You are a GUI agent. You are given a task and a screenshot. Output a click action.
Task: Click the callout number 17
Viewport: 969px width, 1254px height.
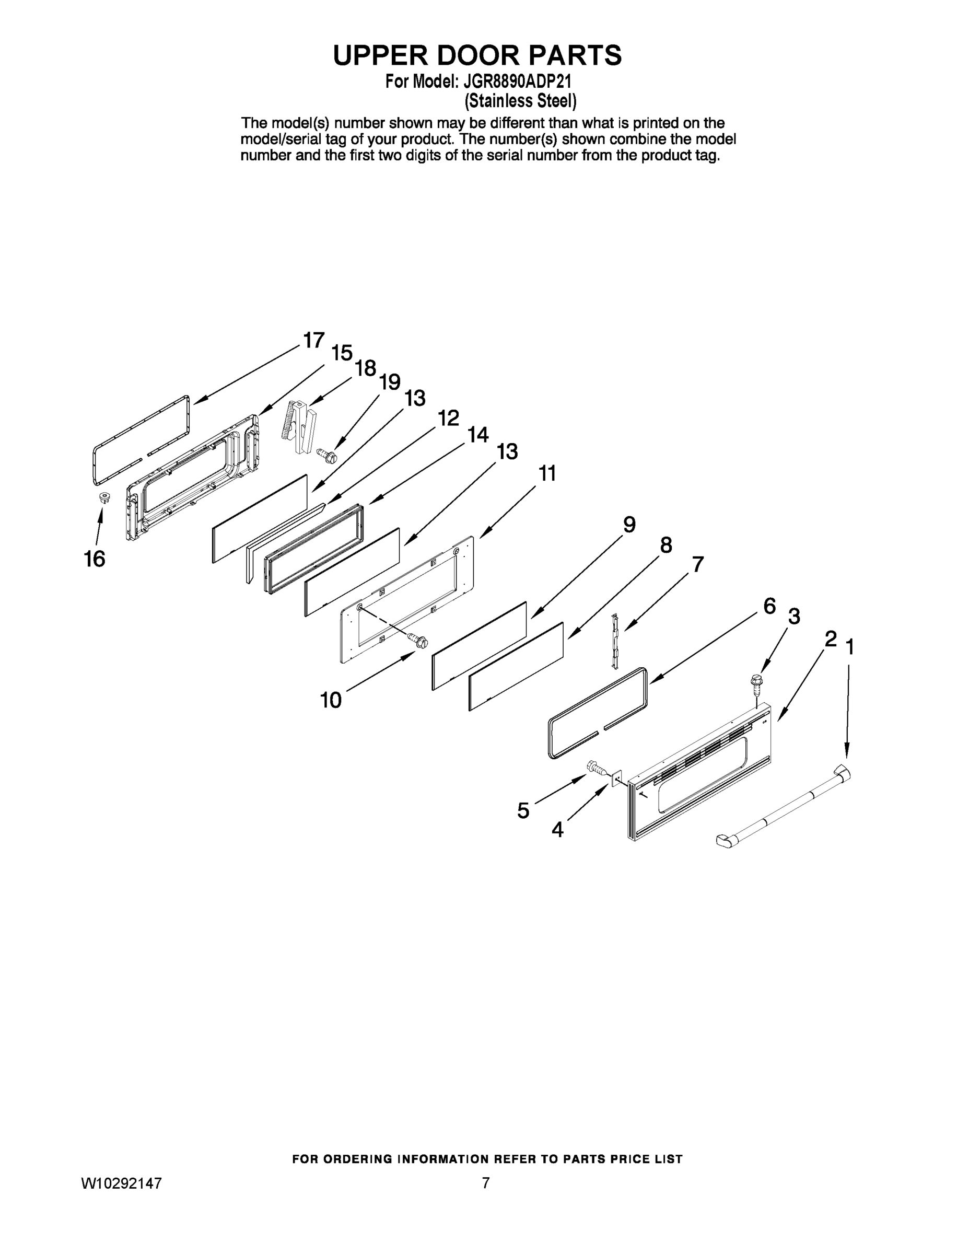pyautogui.click(x=313, y=341)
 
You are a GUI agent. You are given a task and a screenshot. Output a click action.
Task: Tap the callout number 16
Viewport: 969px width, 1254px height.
pyautogui.click(x=95, y=559)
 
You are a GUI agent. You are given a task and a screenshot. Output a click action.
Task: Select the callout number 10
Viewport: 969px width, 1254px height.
pyautogui.click(x=331, y=700)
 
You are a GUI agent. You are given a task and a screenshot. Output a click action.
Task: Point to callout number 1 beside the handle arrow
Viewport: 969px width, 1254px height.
pyautogui.click(x=849, y=648)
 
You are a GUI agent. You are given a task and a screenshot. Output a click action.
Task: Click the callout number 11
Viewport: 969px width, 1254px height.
pyautogui.click(x=547, y=474)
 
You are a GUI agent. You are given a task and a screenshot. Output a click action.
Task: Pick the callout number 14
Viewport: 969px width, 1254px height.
pyautogui.click(x=477, y=435)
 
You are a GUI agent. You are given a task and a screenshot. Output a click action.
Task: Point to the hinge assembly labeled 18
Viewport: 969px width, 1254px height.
pyautogui.click(x=300, y=428)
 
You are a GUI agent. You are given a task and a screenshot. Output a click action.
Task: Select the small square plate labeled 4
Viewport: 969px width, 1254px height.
pyautogui.click(x=616, y=779)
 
